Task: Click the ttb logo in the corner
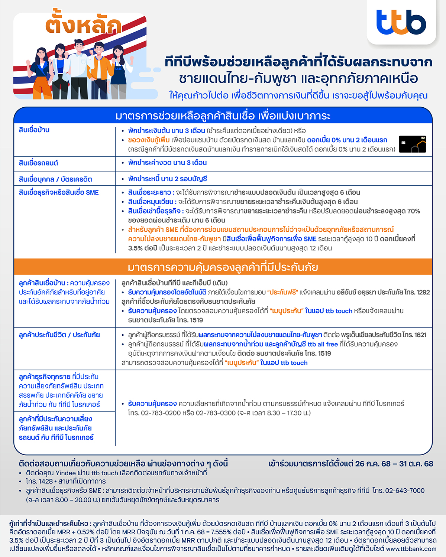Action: click(x=401, y=22)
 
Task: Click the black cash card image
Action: click(x=412, y=144)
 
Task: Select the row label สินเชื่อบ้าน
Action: click(x=34, y=130)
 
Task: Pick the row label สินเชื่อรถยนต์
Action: click(x=38, y=163)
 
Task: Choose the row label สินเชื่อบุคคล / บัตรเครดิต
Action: click(x=55, y=179)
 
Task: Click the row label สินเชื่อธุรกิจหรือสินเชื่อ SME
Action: click(x=59, y=192)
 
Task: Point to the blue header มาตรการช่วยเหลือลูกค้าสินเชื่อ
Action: click(x=223, y=116)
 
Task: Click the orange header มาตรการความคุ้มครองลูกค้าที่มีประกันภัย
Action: click(x=223, y=267)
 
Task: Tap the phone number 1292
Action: click(x=423, y=292)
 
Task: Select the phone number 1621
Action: click(x=420, y=335)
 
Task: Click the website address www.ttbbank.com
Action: click(x=411, y=548)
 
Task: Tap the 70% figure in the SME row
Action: click(x=413, y=211)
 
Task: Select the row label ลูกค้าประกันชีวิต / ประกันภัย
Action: click(x=59, y=335)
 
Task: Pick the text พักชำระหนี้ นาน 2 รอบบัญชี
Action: click(x=167, y=179)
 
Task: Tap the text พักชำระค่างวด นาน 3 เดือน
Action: click(x=167, y=163)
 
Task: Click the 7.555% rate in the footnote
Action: click(x=222, y=532)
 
